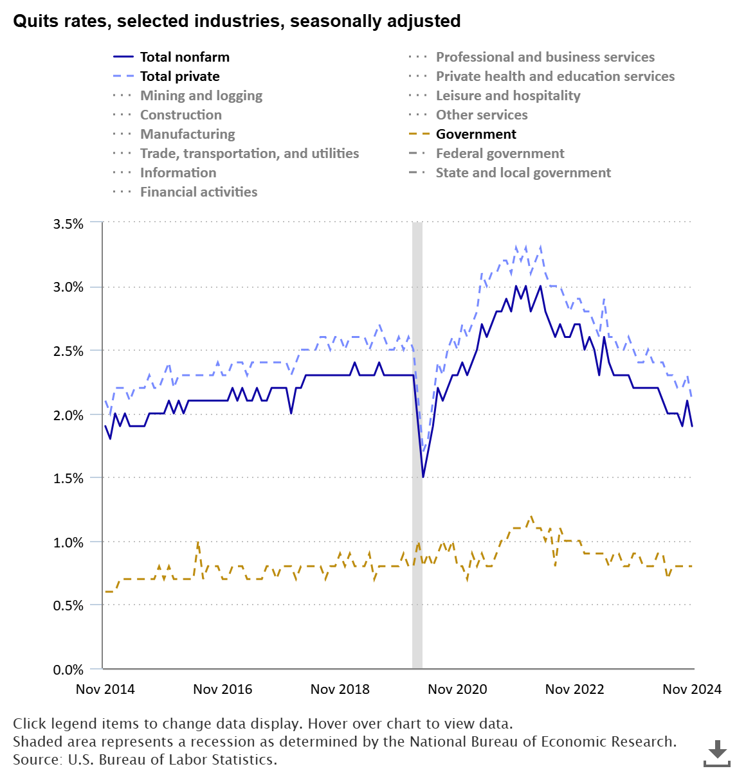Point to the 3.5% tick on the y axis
pyautogui.click(x=68, y=224)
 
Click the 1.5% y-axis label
pyautogui.click(x=68, y=478)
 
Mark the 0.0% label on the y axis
pyautogui.click(x=68, y=669)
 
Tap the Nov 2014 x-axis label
pyautogui.click(x=105, y=689)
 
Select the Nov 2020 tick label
pyautogui.click(x=457, y=689)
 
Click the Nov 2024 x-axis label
pyautogui.click(x=692, y=689)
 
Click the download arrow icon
pyautogui.click(x=717, y=752)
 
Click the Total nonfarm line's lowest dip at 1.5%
pyautogui.click(x=423, y=477)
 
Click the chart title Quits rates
pyautogui.click(x=237, y=21)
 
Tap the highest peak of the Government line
pyautogui.click(x=531, y=517)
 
